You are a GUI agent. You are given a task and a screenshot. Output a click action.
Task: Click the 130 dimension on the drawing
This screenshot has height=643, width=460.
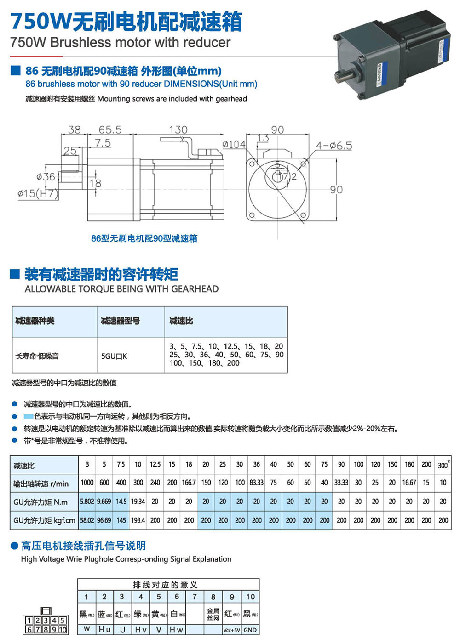click(x=178, y=130)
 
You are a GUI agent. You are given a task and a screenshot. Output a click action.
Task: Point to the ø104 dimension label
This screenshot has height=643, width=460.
click(x=234, y=145)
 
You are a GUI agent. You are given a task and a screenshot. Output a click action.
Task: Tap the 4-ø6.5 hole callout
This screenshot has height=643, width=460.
click(x=333, y=146)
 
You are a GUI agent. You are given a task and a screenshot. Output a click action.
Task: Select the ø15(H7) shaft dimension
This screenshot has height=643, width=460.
click(x=38, y=193)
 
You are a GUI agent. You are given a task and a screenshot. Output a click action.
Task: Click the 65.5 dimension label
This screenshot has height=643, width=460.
click(x=110, y=130)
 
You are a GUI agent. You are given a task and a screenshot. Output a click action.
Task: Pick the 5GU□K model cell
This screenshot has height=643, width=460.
click(x=114, y=356)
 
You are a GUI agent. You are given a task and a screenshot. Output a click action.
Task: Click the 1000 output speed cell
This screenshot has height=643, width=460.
click(x=87, y=483)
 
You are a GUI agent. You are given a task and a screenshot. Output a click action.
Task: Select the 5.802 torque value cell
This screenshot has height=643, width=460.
click(x=87, y=502)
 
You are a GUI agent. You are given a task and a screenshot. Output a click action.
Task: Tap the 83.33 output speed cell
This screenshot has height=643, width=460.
click(x=256, y=483)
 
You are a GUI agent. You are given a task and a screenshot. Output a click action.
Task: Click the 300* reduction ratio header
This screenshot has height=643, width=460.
click(x=443, y=464)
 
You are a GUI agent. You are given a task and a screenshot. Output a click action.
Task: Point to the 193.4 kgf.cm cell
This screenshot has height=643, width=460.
click(x=138, y=520)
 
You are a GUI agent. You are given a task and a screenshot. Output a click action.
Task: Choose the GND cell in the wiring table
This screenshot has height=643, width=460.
click(x=250, y=630)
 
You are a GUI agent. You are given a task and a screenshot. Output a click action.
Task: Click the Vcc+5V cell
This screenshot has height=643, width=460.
click(x=231, y=630)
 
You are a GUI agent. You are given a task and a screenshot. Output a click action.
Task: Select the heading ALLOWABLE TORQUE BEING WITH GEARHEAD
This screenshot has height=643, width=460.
click(x=121, y=289)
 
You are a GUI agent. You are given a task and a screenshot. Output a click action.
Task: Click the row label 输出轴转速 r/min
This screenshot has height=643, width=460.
click(x=41, y=484)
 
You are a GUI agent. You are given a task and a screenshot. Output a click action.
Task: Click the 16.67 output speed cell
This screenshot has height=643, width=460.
click(x=409, y=483)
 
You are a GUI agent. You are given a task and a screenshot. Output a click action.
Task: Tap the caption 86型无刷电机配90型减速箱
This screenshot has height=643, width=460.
click(x=144, y=238)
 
